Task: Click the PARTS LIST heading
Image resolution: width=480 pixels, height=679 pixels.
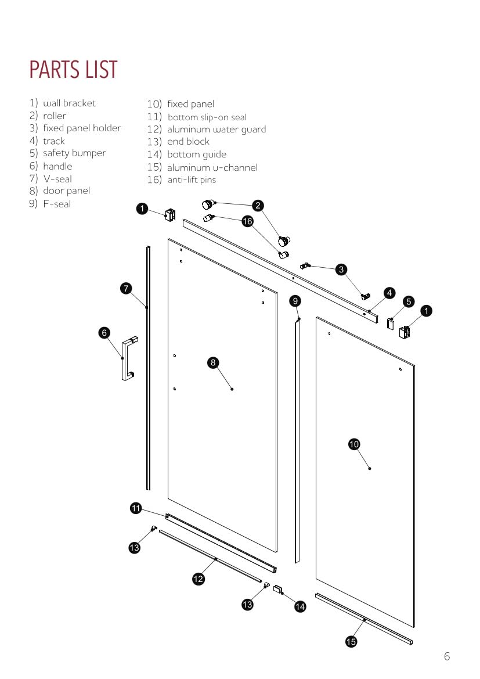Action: (73, 70)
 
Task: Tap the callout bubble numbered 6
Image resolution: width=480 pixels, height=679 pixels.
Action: (104, 332)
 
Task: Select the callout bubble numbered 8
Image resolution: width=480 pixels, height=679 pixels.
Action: (213, 362)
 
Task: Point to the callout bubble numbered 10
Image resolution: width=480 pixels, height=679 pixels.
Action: (354, 444)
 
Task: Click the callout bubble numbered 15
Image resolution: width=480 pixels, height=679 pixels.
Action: (351, 641)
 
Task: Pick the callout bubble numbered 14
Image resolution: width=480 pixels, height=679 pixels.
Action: (300, 606)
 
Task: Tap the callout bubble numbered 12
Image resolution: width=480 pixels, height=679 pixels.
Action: (199, 579)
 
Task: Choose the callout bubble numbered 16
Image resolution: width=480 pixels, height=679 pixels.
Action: (248, 221)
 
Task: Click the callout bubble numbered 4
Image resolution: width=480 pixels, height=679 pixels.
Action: (390, 293)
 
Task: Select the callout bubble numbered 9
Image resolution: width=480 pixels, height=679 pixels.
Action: (295, 300)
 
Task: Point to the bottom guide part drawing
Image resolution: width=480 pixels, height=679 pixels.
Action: (278, 589)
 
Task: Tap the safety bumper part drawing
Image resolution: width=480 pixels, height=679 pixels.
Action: (391, 323)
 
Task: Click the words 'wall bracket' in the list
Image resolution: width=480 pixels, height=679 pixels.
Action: (69, 103)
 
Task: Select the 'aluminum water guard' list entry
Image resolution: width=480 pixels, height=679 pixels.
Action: (216, 129)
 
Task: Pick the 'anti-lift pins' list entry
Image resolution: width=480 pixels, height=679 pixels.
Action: (192, 180)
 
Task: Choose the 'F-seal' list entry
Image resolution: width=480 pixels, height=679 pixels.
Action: (57, 204)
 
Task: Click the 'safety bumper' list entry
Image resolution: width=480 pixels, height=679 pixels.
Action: (74, 153)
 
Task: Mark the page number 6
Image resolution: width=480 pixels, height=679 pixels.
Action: (447, 657)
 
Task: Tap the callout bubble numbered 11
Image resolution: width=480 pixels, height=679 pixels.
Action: (135, 509)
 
